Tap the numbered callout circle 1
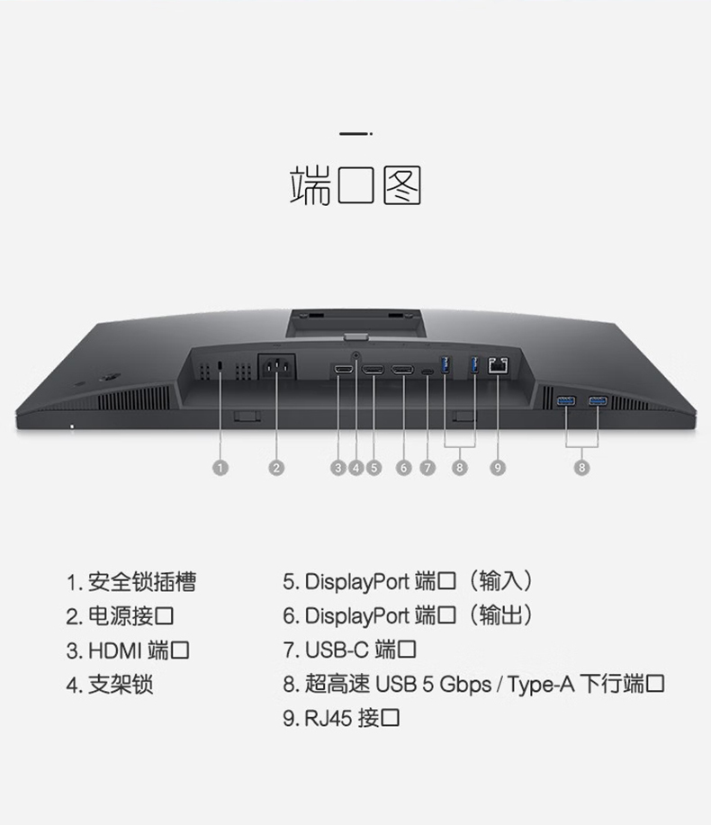tap(221, 467)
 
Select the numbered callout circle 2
tap(276, 467)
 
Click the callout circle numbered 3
tap(338, 467)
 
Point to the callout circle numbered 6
tap(403, 467)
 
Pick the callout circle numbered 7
tap(427, 467)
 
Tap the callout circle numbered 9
tap(498, 467)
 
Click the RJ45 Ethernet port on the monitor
tap(498, 365)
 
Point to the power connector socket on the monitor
tap(276, 369)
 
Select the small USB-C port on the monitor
tap(427, 371)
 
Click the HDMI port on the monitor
tap(342, 370)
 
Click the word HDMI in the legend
tap(114, 650)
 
